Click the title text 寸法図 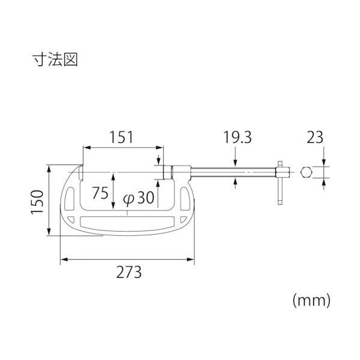coord(55,59)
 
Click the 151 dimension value coord(121,137)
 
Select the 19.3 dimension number coord(238,137)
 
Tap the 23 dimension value coord(315,137)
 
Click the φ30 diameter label coord(139,198)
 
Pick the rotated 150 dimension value coord(37,202)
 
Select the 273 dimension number coord(129,272)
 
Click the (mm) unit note coord(311,301)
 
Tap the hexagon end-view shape coord(306,172)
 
